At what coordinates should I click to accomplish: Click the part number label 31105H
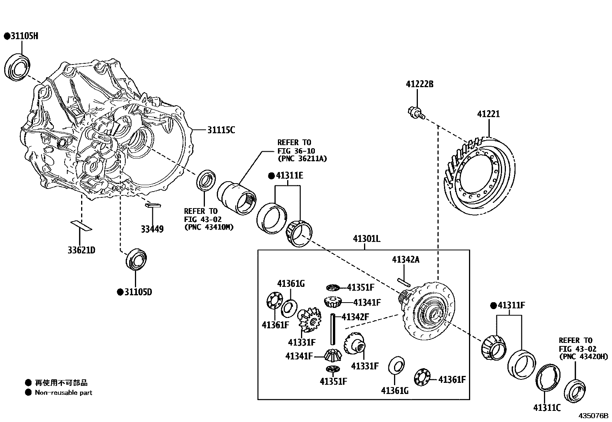tap(24, 36)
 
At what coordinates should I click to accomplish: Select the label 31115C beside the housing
tap(221, 130)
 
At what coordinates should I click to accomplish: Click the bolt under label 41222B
tap(415, 113)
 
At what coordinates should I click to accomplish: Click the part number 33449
tap(152, 229)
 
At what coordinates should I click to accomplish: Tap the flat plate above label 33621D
tap(81, 226)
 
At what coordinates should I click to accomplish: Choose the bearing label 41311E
tap(289, 176)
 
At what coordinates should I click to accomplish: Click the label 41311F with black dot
tap(511, 305)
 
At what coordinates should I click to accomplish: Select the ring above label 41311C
tap(548, 378)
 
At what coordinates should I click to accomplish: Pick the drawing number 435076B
tap(594, 415)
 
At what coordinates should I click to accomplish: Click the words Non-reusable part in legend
tap(63, 392)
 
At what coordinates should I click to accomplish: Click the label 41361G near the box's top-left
tap(291, 284)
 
